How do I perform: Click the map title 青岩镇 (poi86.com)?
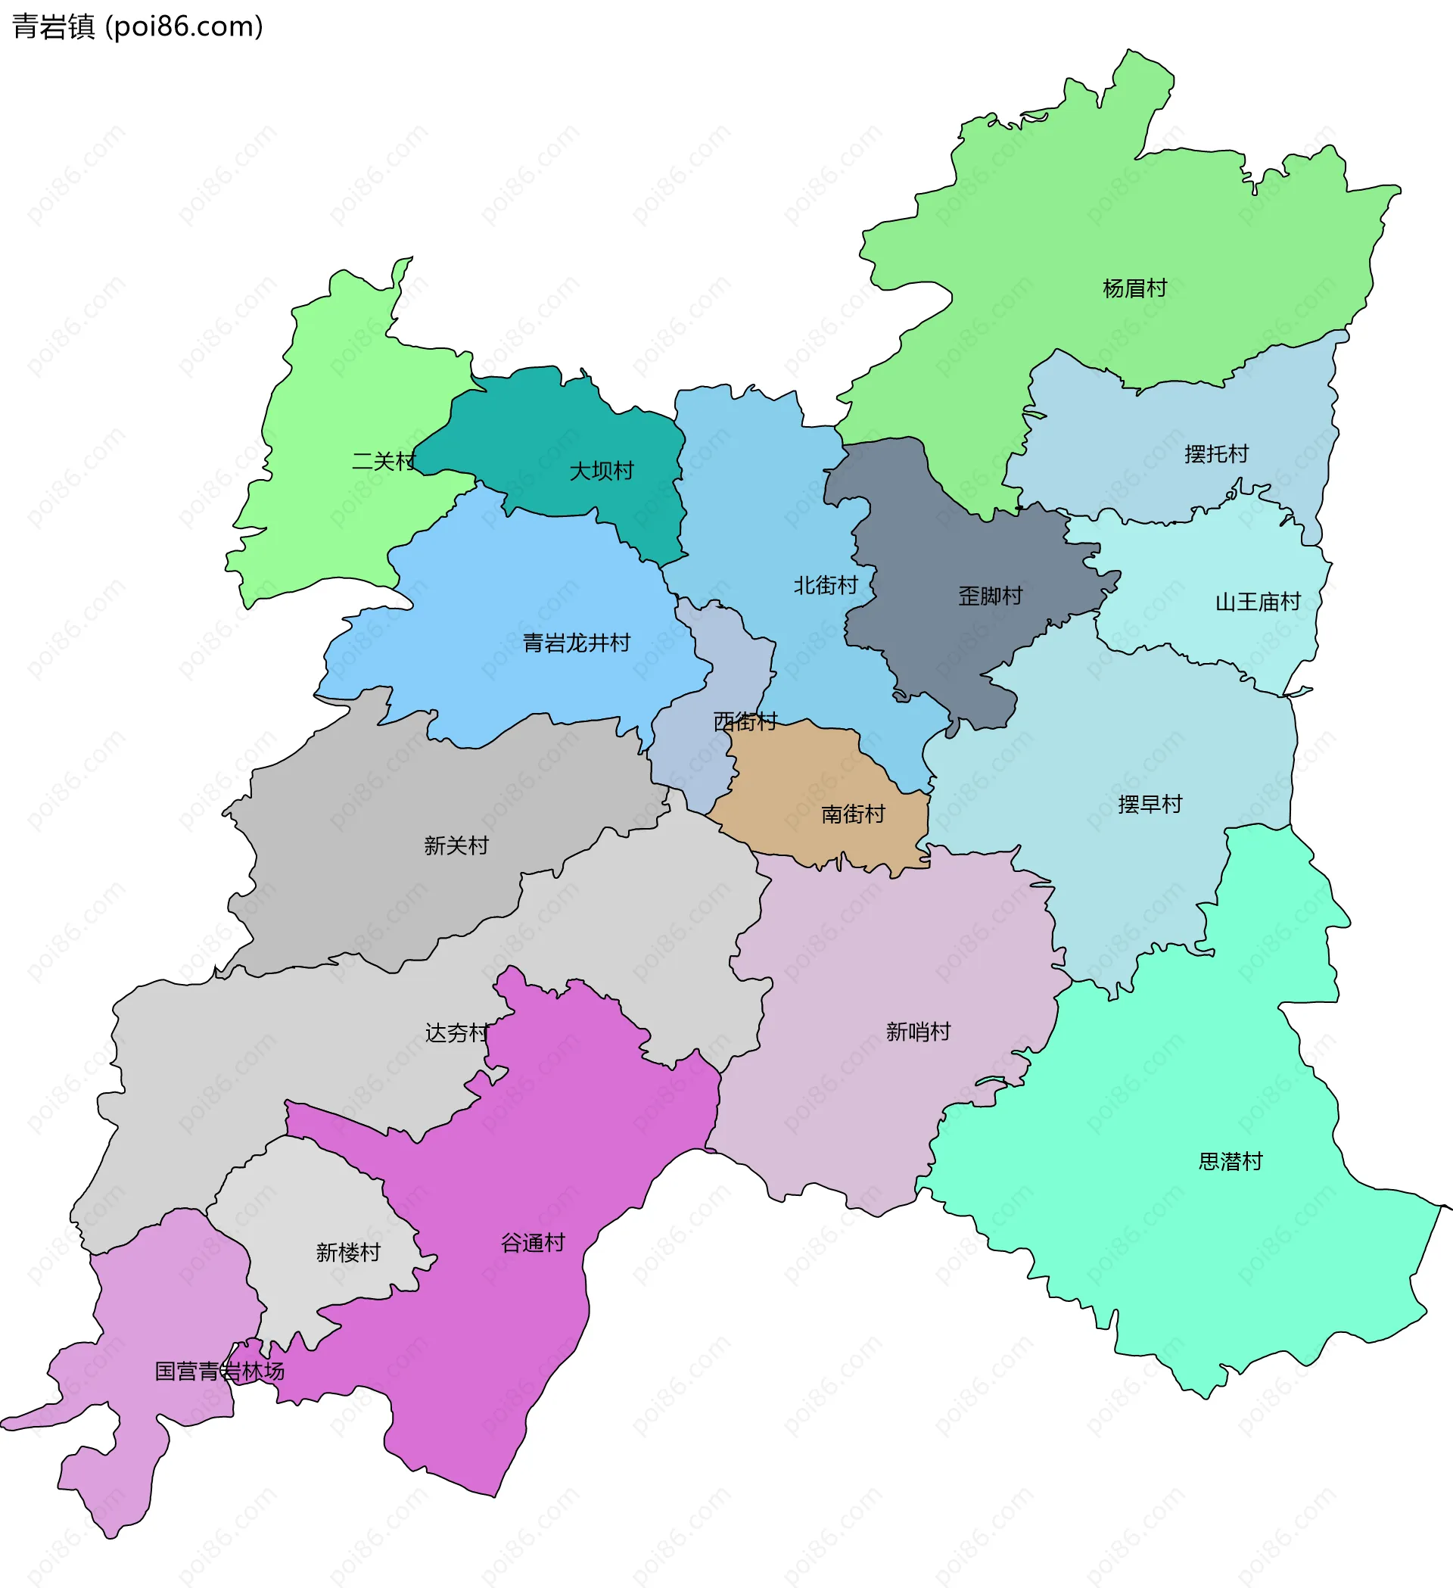(138, 26)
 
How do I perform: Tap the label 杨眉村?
(1134, 289)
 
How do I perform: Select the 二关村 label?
(384, 462)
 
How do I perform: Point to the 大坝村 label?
(602, 471)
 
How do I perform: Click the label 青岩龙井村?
(577, 643)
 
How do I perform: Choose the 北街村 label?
(826, 586)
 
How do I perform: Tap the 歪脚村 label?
(990, 596)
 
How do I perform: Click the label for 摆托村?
(1216, 454)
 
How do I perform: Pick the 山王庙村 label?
(1258, 603)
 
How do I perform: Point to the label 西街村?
(745, 721)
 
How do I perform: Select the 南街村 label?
(853, 814)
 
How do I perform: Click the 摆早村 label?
(1150, 805)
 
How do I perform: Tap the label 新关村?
(456, 846)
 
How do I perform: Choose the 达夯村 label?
(457, 1032)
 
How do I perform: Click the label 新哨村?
(918, 1032)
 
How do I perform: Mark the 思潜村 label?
(1230, 1162)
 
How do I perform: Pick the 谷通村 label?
(534, 1243)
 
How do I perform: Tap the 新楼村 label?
(348, 1253)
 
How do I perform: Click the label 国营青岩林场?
(219, 1372)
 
